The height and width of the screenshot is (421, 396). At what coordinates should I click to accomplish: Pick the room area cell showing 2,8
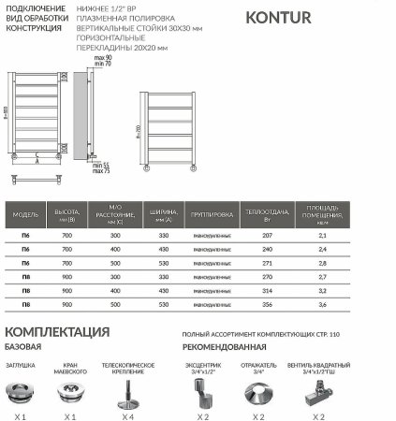point(323,264)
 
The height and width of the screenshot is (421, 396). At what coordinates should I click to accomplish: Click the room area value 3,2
point(323,291)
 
